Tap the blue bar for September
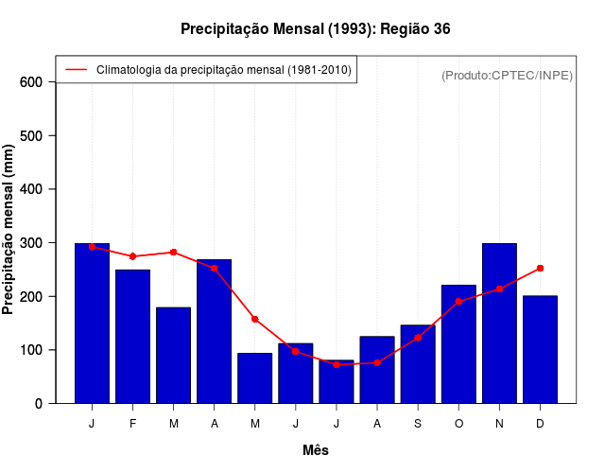tap(418, 364)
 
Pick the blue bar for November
tap(499, 323)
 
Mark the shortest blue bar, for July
tap(337, 381)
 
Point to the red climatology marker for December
tap(540, 268)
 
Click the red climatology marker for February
tap(133, 256)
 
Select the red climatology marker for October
tap(458, 301)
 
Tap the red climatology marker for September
tap(418, 338)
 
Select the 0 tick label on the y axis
tap(38, 404)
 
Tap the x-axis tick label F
tap(133, 424)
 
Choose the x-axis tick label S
tap(418, 424)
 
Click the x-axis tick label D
tap(540, 424)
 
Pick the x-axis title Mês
tap(316, 450)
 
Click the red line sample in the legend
tap(76, 70)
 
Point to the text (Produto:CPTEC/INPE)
tap(507, 76)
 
